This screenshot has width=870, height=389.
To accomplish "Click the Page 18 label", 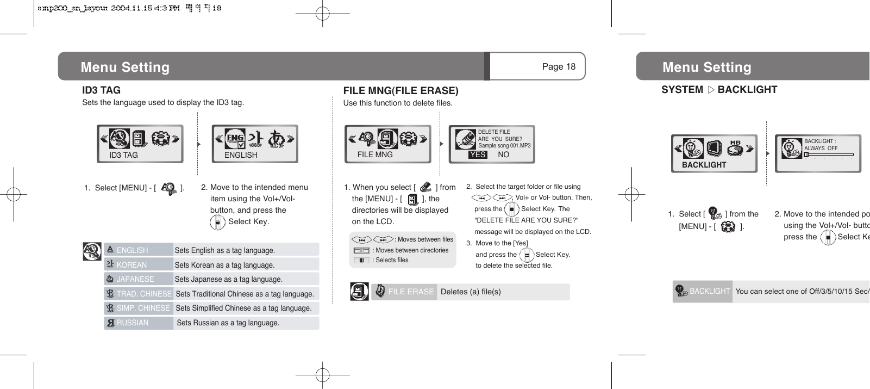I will pyautogui.click(x=558, y=67).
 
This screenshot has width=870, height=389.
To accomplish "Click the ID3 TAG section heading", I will pyautogui.click(x=101, y=90).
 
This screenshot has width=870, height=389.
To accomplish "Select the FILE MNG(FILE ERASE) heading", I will pyautogui.click(x=400, y=91).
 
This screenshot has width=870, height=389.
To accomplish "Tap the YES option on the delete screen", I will pyautogui.click(x=478, y=155).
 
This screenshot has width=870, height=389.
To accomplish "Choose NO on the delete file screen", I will pyautogui.click(x=503, y=155).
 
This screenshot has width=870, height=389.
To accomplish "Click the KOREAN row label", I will pyautogui.click(x=132, y=265).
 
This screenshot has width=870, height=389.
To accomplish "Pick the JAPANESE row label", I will pyautogui.click(x=135, y=279).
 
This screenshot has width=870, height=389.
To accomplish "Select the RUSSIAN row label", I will pyautogui.click(x=133, y=323).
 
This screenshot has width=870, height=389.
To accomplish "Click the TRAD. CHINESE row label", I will pyautogui.click(x=144, y=294).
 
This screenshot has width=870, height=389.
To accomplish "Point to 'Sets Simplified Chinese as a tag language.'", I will pyautogui.click(x=243, y=308).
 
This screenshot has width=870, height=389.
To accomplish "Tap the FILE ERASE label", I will pyautogui.click(x=411, y=292).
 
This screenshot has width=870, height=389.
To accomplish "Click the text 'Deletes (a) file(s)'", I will pyautogui.click(x=471, y=292).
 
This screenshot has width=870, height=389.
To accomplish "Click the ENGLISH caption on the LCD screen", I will pyautogui.click(x=241, y=155).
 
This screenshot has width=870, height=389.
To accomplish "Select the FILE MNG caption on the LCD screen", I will pyautogui.click(x=375, y=155).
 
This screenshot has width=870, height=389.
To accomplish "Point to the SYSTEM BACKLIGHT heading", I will pyautogui.click(x=719, y=90).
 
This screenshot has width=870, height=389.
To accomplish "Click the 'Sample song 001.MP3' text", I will pyautogui.click(x=504, y=146).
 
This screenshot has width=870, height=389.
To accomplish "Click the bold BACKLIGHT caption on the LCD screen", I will pyautogui.click(x=704, y=165).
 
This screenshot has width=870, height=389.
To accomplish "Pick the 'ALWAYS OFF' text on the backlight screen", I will pyautogui.click(x=821, y=148).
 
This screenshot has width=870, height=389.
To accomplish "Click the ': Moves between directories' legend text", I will pyautogui.click(x=411, y=250).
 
